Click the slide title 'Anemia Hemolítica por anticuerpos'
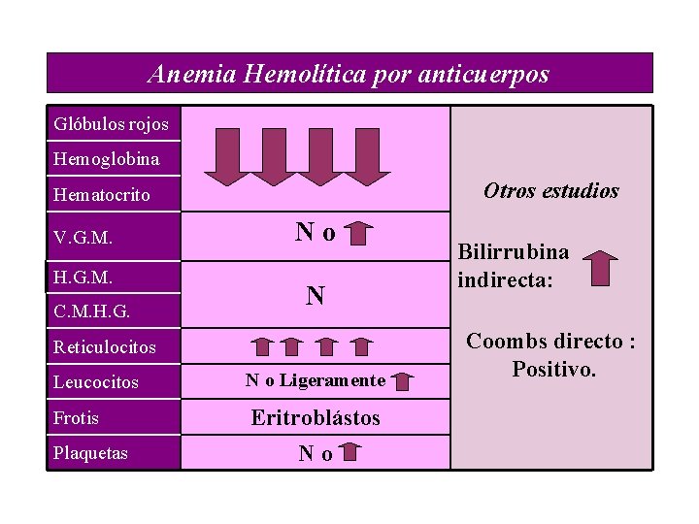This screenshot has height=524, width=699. click(349, 74)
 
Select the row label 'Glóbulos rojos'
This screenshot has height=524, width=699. click(112, 124)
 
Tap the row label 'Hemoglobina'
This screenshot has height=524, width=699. click(107, 158)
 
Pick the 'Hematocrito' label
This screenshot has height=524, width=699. click(102, 195)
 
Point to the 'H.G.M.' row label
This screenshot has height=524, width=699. click(83, 277)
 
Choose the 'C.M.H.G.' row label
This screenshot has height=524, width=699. click(92, 312)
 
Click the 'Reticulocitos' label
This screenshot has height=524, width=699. click(105, 346)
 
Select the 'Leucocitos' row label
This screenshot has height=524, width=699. click(96, 382)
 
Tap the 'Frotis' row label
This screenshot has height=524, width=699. click(77, 418)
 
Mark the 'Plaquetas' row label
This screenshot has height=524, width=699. click(91, 453)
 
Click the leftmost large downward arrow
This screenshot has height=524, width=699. click(227, 155)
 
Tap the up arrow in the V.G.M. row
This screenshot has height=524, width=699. click(360, 233)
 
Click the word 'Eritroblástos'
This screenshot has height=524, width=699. click(316, 418)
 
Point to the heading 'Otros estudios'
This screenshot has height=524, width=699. click(550, 191)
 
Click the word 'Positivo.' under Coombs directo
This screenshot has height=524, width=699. click(554, 370)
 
